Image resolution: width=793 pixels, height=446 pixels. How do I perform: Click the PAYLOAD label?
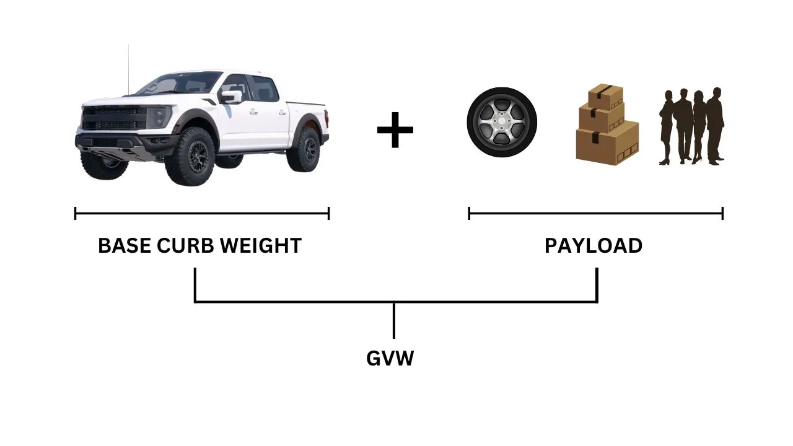[594, 246]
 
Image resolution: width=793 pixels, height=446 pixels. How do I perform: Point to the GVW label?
[390, 359]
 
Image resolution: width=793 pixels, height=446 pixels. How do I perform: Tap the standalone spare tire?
[502, 122]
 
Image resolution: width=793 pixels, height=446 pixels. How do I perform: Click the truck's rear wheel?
[304, 150]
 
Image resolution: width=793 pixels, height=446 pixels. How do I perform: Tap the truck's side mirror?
[232, 97]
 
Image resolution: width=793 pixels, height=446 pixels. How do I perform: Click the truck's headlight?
[158, 115]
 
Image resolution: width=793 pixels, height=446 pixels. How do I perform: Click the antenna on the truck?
[129, 68]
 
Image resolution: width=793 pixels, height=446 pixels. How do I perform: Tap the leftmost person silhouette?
[668, 127]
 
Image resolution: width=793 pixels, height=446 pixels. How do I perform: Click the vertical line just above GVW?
[394, 321]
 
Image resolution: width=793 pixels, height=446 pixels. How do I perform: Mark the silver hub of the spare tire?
[502, 122]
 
